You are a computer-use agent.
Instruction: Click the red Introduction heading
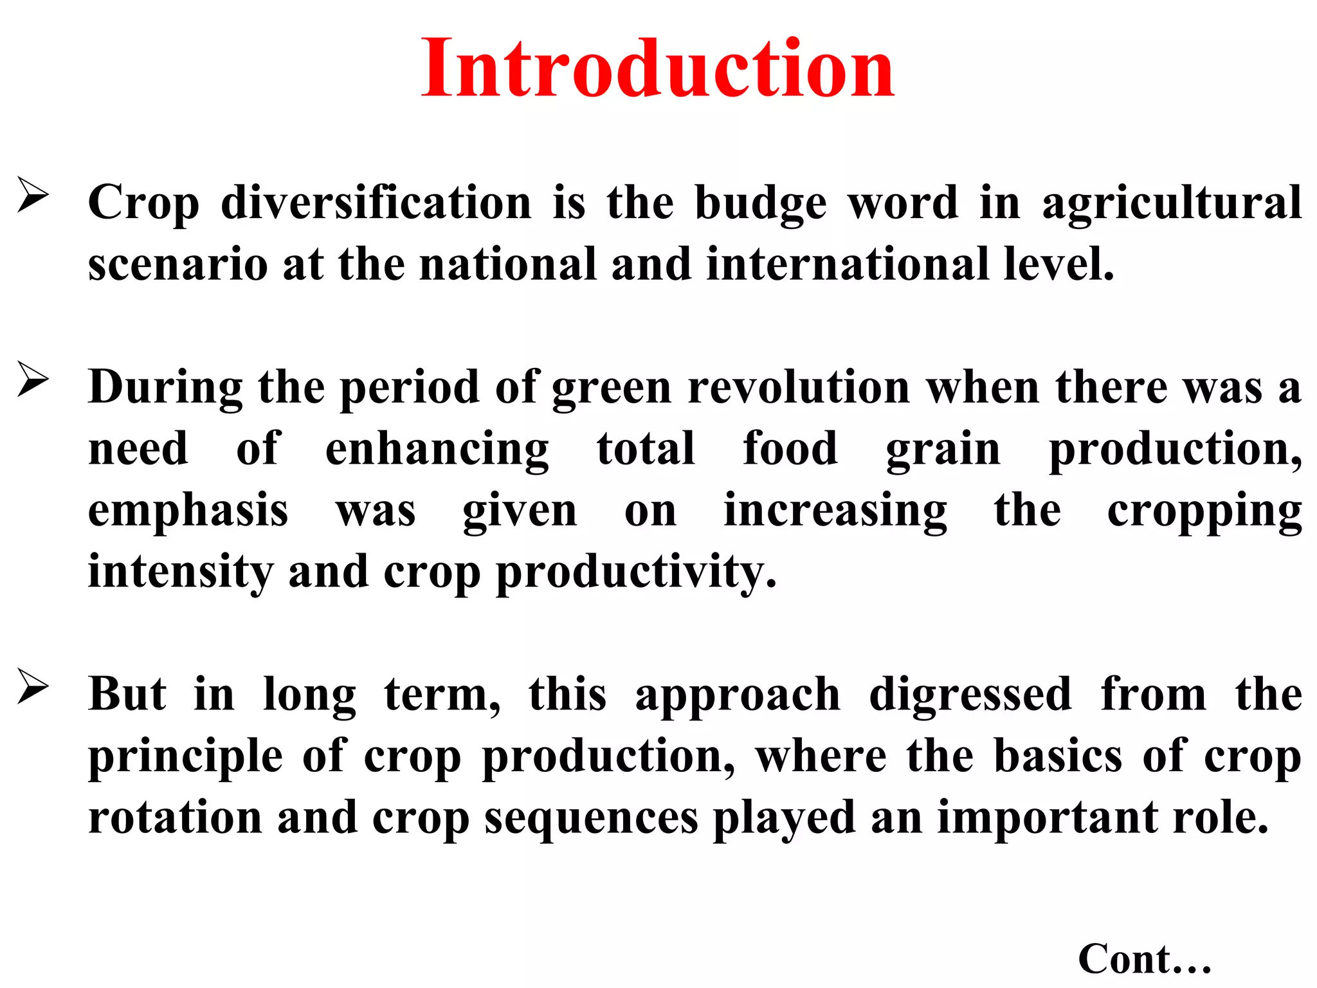[x=657, y=69]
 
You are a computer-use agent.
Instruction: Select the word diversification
[x=376, y=203]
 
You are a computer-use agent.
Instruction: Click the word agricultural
[x=1172, y=204]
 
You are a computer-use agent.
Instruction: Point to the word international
[x=847, y=264]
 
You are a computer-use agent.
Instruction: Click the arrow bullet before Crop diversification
[x=33, y=195]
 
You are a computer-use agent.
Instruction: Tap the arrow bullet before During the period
[x=33, y=380]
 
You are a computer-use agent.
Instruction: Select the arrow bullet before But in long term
[x=33, y=687]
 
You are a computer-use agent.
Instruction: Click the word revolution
[x=799, y=388]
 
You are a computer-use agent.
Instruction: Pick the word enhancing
[x=437, y=450]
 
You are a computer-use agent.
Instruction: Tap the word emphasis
[x=188, y=511]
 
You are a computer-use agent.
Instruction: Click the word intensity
[x=180, y=572]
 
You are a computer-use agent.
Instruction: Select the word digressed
[x=970, y=695]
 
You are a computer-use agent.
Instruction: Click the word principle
[x=185, y=757]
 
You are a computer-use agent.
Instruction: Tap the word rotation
[x=175, y=818]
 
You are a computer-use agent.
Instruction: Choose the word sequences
[x=591, y=819]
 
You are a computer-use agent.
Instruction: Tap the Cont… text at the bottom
[x=1144, y=960]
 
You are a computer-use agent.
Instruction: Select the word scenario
[x=177, y=264]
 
